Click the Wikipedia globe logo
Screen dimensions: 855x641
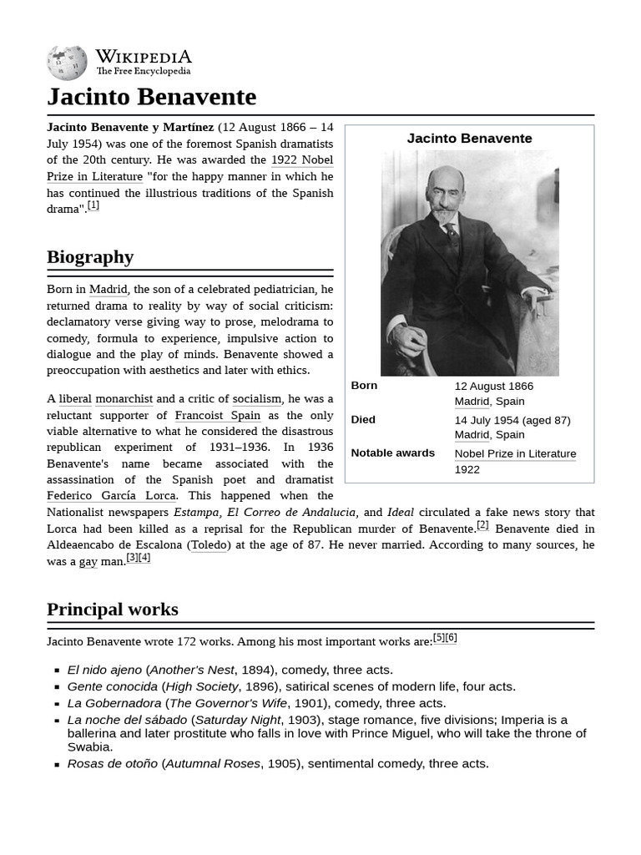point(67,63)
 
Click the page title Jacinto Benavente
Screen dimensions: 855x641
point(151,97)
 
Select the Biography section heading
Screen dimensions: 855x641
point(90,256)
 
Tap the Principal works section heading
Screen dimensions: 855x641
point(112,610)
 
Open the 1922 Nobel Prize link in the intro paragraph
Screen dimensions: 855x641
point(302,159)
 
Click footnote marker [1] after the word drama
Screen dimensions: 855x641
point(93,205)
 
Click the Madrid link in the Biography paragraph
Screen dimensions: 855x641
point(109,290)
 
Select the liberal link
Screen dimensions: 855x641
point(75,399)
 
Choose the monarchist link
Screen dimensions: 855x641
point(124,399)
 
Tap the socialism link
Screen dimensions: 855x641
point(257,399)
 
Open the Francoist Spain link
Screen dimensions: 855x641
point(217,415)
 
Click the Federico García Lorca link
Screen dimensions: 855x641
point(111,496)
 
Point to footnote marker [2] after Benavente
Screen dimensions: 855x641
point(482,525)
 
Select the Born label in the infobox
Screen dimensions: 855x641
point(364,386)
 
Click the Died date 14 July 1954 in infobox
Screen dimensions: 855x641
point(512,420)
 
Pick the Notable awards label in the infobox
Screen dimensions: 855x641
point(392,453)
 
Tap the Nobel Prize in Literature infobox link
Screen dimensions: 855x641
point(515,453)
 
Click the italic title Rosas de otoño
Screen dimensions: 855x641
point(112,763)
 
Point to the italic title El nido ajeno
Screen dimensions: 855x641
point(104,670)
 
